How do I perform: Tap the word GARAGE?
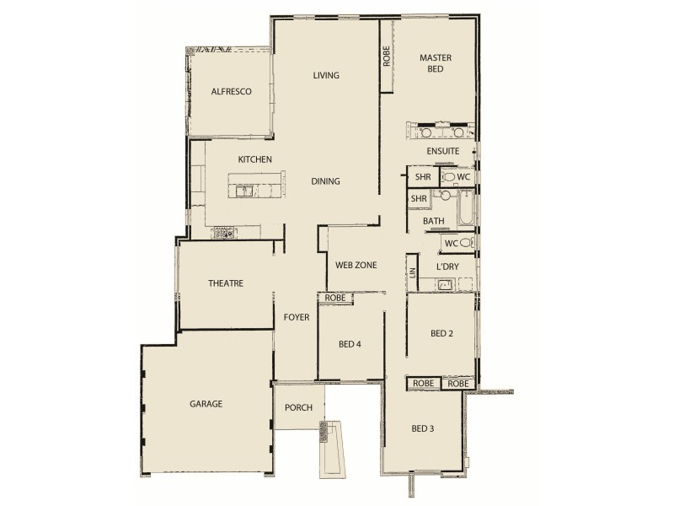206,404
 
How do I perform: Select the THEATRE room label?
225,283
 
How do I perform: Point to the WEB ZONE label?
356,265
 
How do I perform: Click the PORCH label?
298,407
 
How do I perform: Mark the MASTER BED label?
436,63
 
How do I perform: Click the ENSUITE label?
442,151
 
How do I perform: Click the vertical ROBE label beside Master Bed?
387,57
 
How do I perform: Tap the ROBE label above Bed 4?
334,297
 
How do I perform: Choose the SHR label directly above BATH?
419,198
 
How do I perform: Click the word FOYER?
297,318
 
